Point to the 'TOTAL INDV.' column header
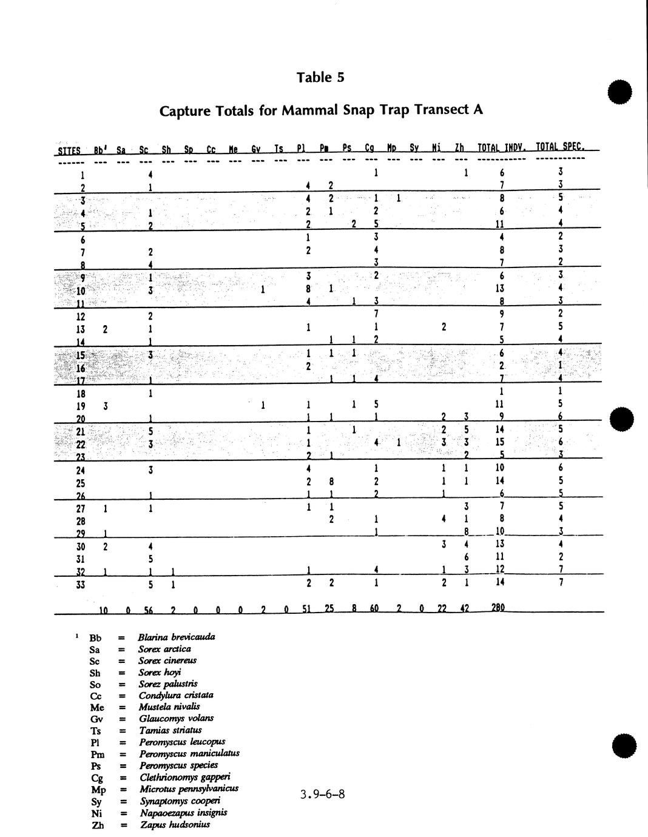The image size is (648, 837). tap(501, 147)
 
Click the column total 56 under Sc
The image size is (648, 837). tap(149, 610)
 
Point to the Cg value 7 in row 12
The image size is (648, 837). tap(376, 314)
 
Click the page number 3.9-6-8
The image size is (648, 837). tap(322, 794)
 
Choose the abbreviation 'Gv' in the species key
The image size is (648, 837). tap(96, 719)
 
